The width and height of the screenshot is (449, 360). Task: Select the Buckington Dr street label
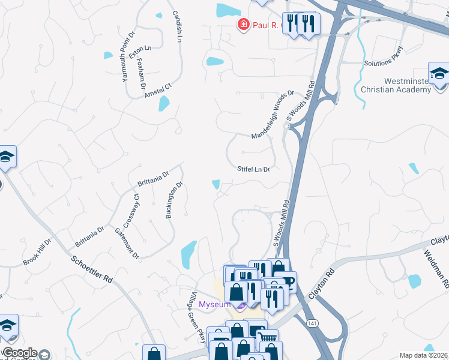coord(174,201)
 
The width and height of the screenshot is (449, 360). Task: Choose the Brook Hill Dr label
coord(38,252)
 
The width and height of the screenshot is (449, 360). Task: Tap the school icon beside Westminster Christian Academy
coord(439,73)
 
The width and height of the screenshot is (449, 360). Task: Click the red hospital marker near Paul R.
coord(243,25)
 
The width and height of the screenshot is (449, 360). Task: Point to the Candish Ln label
coord(176,26)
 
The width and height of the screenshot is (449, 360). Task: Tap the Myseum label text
coord(215,305)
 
